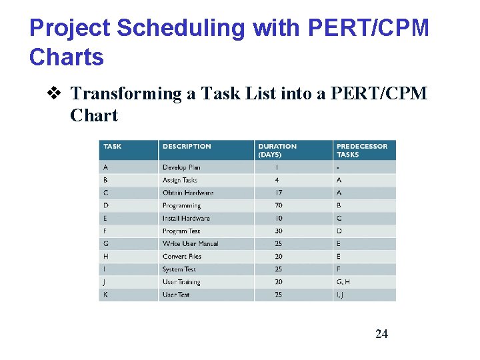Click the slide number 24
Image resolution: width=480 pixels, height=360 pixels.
click(381, 334)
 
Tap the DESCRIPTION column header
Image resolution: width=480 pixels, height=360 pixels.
click(187, 147)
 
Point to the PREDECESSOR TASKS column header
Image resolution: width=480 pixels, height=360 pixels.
click(361, 151)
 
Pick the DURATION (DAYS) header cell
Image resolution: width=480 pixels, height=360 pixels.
click(277, 151)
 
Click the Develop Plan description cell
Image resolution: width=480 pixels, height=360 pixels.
click(181, 167)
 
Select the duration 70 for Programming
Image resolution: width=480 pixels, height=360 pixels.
click(278, 206)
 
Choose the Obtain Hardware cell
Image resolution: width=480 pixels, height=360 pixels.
click(188, 193)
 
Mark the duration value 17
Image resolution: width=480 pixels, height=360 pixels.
click(278, 193)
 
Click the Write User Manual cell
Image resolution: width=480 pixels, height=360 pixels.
click(190, 244)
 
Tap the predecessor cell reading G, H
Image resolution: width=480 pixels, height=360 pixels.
click(343, 282)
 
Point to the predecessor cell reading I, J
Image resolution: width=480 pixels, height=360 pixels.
click(341, 295)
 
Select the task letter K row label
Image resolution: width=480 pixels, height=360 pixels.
click(106, 295)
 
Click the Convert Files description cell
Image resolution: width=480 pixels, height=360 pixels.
click(182, 257)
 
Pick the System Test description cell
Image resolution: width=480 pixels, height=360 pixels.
click(179, 269)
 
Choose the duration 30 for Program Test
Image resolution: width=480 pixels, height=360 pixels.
click(278, 231)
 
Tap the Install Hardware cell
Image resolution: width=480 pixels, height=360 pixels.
click(186, 219)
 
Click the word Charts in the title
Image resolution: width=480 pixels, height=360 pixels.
click(67, 57)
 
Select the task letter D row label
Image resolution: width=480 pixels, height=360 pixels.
click(106, 206)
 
